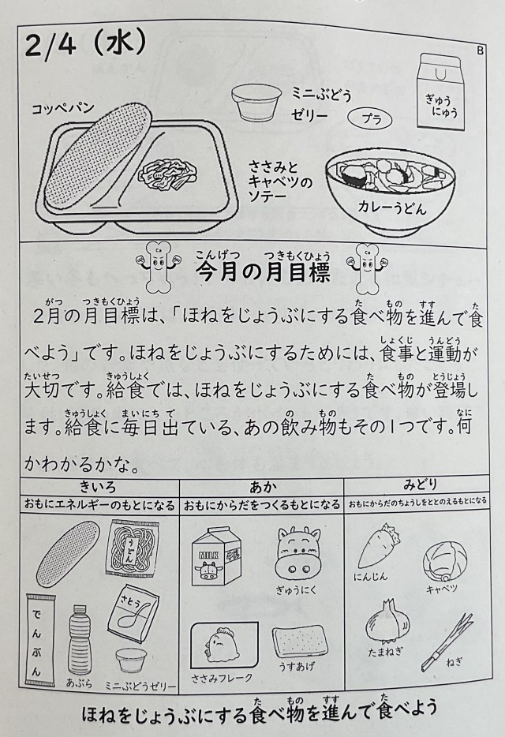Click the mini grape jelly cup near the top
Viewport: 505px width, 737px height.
(x=256, y=102)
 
